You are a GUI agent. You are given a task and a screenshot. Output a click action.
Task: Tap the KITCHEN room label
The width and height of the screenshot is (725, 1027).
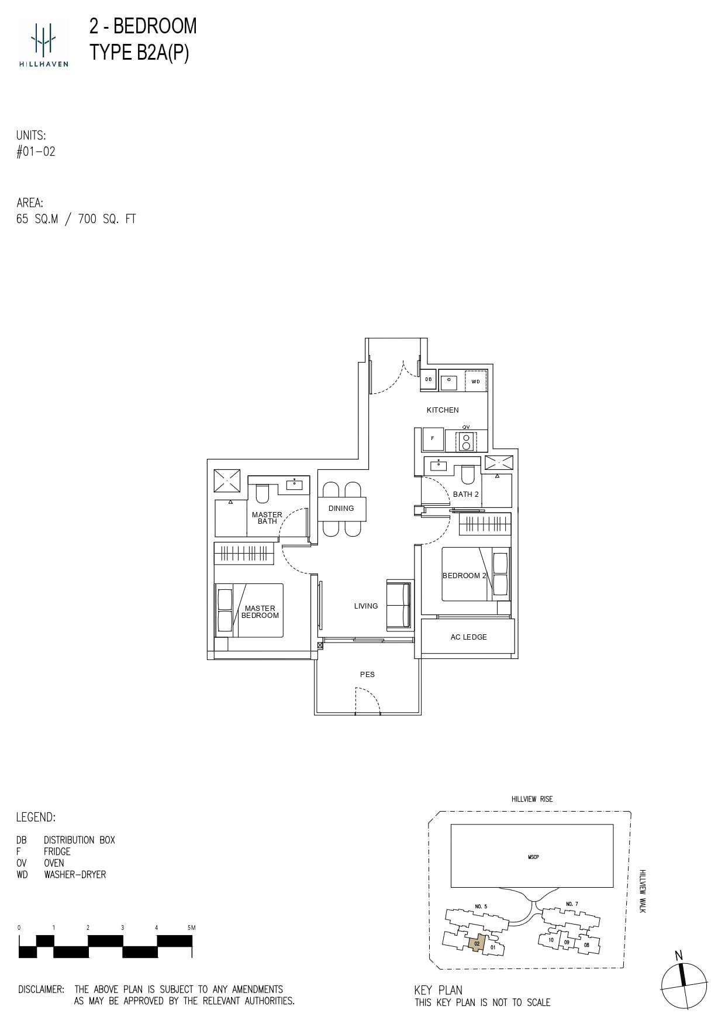click(x=443, y=410)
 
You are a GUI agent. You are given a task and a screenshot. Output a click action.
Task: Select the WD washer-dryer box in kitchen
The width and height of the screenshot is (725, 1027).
click(x=475, y=382)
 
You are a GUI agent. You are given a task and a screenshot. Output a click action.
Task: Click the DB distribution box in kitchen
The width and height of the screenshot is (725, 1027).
click(x=429, y=380)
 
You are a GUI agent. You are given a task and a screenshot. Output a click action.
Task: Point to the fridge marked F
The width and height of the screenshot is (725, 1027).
click(x=433, y=438)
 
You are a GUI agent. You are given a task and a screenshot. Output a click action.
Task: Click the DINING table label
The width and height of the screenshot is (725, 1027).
click(x=341, y=509)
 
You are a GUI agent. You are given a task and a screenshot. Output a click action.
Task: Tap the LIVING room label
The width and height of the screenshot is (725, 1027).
click(x=366, y=606)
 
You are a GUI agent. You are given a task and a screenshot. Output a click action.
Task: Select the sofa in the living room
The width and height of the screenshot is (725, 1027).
click(x=399, y=605)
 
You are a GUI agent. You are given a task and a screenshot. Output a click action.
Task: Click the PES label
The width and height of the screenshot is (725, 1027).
click(x=367, y=675)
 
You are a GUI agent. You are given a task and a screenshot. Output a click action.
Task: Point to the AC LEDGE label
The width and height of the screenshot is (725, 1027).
click(x=468, y=637)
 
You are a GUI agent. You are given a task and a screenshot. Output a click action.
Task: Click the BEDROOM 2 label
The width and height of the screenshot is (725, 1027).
click(x=464, y=576)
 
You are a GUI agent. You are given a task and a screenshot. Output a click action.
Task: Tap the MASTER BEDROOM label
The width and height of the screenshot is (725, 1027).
click(x=260, y=612)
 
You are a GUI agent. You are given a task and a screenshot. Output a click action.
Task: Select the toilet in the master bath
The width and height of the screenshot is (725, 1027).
click(x=261, y=495)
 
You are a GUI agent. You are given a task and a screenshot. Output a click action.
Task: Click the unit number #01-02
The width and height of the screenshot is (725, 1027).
click(x=36, y=152)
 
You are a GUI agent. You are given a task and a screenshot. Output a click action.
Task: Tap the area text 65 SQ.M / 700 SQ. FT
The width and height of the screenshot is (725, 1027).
click(x=76, y=219)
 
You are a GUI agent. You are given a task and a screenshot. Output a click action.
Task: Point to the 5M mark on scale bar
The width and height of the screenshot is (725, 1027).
click(x=191, y=928)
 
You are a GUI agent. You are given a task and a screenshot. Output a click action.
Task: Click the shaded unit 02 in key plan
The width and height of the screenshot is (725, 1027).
click(x=477, y=943)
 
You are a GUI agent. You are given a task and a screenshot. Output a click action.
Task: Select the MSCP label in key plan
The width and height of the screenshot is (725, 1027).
click(x=533, y=857)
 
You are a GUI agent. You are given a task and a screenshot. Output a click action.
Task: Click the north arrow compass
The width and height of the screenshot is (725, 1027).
click(x=684, y=985)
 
